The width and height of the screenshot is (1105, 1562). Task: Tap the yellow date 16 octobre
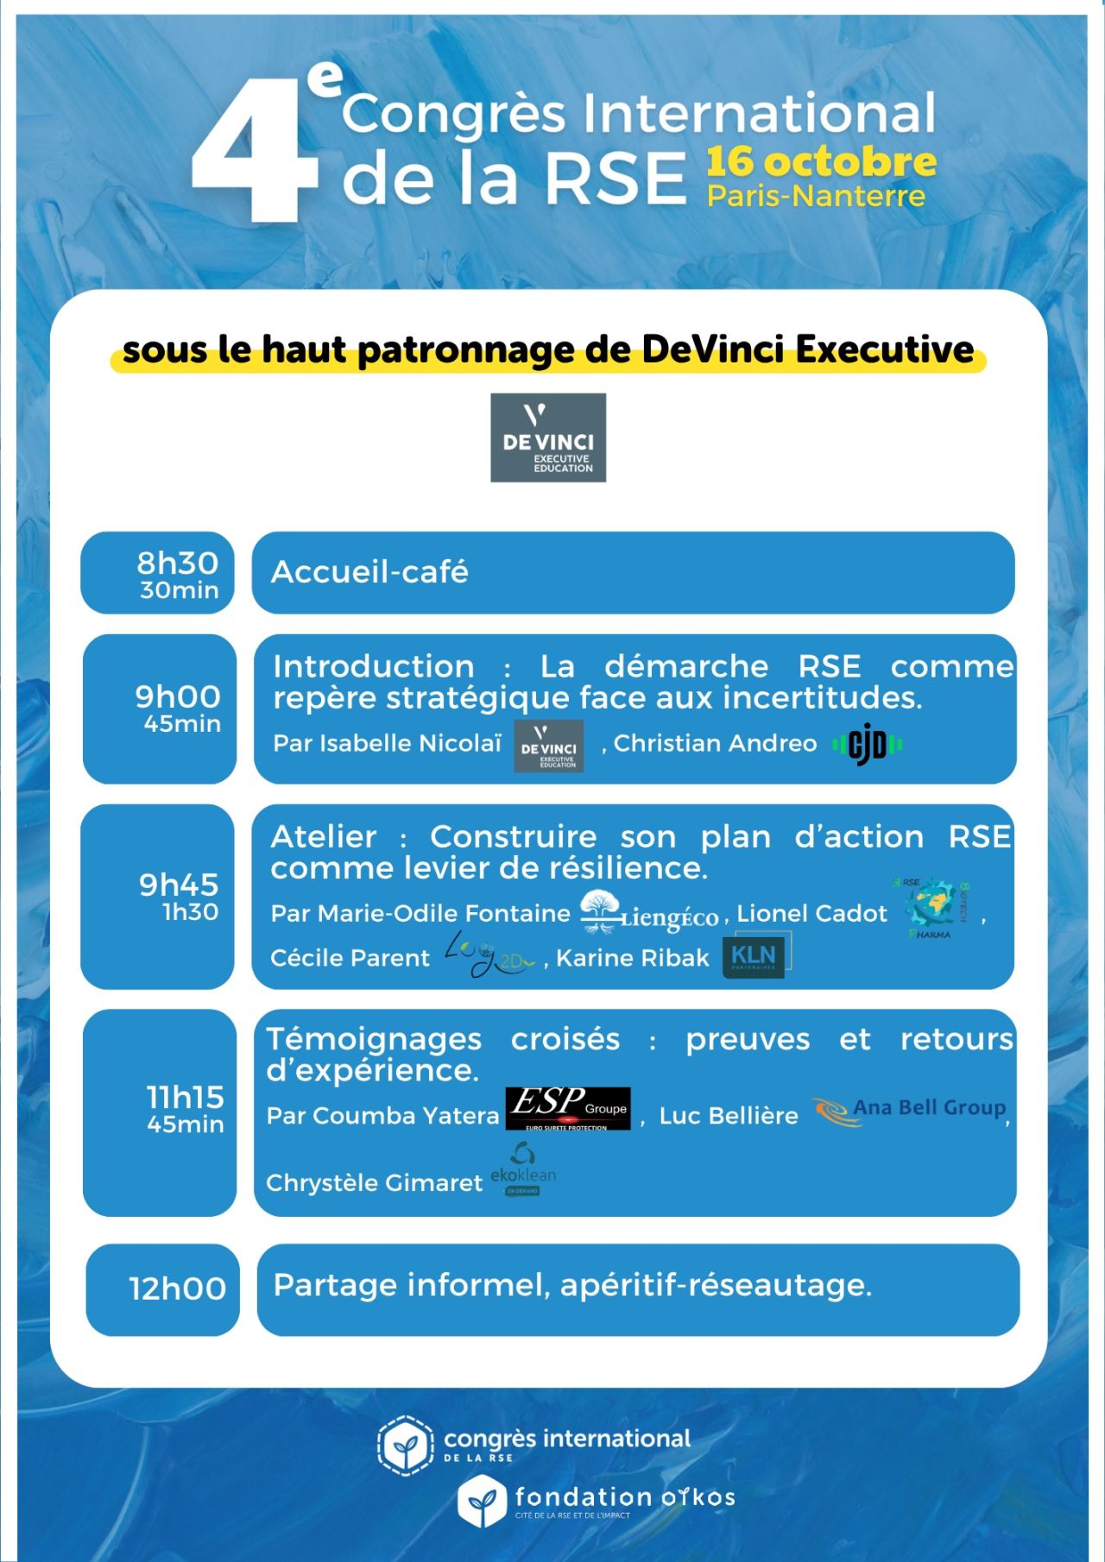point(821,162)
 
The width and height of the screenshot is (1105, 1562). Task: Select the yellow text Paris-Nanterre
point(816,196)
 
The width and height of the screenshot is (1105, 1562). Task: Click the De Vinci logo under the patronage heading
point(548,438)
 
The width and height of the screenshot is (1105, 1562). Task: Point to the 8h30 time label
point(178,564)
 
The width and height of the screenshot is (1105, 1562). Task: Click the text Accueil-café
point(369,572)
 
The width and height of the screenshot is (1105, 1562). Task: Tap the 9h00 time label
point(178,697)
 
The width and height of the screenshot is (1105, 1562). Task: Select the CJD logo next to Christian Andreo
point(868,744)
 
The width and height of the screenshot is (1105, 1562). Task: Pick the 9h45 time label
point(179,885)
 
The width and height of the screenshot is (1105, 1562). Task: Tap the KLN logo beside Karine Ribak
point(754,957)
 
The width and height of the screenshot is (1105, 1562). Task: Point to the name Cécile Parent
point(350,958)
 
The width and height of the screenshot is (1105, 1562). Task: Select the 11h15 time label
point(185,1098)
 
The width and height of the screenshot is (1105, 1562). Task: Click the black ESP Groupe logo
point(567,1109)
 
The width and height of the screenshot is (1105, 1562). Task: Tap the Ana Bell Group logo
point(908,1110)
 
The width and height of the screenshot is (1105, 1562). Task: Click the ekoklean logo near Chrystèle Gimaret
point(523,1170)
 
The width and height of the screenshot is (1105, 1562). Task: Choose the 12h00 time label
point(178,1288)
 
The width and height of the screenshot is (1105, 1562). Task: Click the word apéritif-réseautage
point(716,1285)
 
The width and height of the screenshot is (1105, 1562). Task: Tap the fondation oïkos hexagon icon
point(481,1502)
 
